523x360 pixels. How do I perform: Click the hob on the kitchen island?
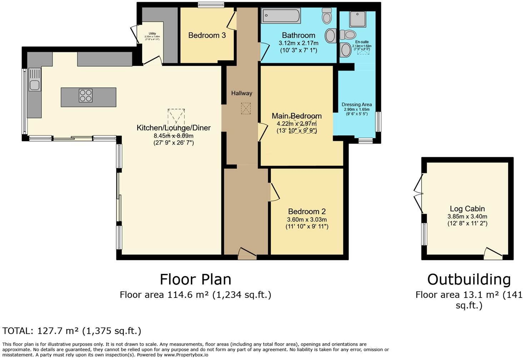(86, 96)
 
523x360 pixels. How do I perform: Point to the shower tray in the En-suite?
(357, 19)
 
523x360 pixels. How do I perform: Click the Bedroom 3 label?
(207, 35)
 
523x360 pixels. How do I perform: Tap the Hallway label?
(241, 93)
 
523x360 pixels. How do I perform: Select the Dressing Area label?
(357, 105)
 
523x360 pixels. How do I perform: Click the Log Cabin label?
(467, 209)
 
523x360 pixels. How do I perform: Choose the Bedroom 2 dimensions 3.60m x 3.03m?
(307, 220)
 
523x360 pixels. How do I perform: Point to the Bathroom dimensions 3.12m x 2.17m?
(298, 43)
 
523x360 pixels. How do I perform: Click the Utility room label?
(152, 34)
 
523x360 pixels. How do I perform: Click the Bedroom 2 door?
(274, 192)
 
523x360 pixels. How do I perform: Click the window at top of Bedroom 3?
(211, 5)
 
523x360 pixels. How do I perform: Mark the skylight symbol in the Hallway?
(246, 108)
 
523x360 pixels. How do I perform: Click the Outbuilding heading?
(469, 279)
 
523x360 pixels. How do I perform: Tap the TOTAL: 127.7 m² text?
(71, 331)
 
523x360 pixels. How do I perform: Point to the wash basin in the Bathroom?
(330, 36)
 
